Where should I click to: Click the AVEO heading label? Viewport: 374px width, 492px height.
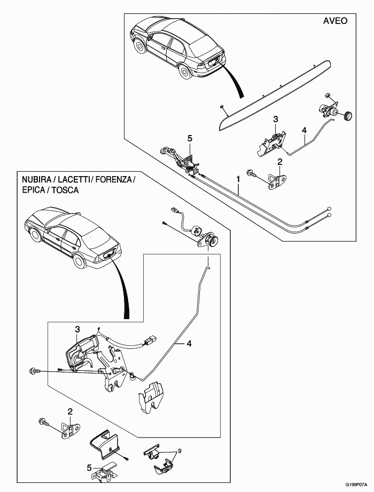tap(336, 21)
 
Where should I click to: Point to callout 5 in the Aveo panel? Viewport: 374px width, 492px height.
tap(189, 138)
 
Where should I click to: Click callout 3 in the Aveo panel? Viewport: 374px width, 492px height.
tap(276, 119)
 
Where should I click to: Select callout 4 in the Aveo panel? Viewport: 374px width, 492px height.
tap(303, 130)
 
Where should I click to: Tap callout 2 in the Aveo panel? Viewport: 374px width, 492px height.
tap(279, 162)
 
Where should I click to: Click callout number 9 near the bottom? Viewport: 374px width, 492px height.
tap(180, 451)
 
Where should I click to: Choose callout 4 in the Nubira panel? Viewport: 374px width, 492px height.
tap(189, 345)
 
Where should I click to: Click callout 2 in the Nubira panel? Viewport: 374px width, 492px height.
tap(70, 411)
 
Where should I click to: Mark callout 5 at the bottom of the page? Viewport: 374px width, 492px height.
tap(89, 467)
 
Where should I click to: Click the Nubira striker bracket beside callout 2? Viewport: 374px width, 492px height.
tap(68, 430)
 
